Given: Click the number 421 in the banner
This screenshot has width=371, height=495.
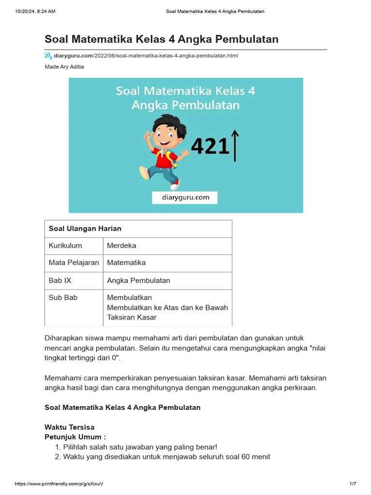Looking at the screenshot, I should click(x=210, y=146).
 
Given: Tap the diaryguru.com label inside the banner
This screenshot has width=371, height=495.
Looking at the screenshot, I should click(x=185, y=197).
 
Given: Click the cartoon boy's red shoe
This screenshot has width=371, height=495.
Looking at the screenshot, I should click(x=174, y=185).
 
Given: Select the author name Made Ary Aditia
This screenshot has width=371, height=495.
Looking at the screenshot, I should click(x=64, y=67).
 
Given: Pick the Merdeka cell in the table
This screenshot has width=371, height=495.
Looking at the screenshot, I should click(x=122, y=246).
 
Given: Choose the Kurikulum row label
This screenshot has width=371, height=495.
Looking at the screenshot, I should click(x=65, y=246).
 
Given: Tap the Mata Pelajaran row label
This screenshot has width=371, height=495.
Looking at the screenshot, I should click(x=74, y=263).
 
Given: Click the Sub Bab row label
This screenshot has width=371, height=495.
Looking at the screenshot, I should click(x=63, y=298).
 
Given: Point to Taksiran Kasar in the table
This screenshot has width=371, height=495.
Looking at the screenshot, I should click(x=132, y=318).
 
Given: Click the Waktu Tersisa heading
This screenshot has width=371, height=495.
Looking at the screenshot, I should click(x=70, y=427).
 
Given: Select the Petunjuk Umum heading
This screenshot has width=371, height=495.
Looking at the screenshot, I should click(x=75, y=437).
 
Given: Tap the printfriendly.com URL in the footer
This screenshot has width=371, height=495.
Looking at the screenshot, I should click(x=59, y=484).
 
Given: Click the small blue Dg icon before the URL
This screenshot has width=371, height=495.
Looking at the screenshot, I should click(x=48, y=56).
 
